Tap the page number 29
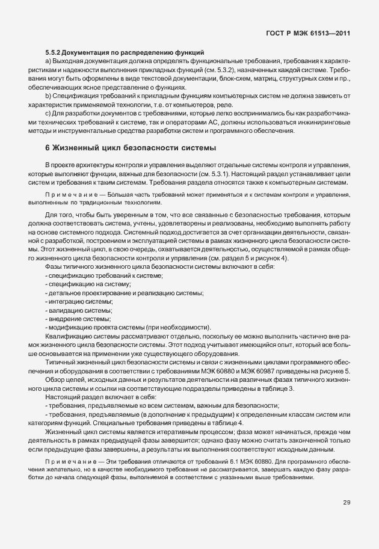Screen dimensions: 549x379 347,503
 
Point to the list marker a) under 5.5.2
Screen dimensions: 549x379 48,61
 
